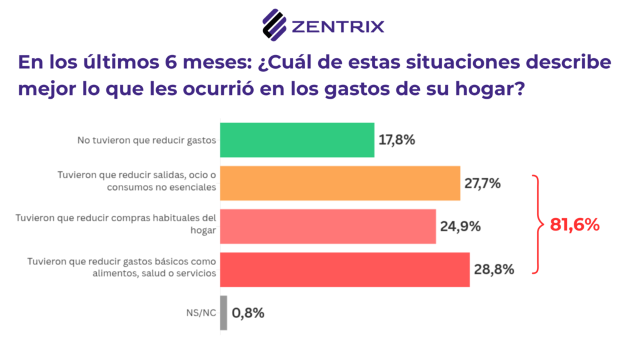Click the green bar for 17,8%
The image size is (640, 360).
pyautogui.click(x=297, y=139)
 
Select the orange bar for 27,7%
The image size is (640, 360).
pyautogui.click(x=341, y=183)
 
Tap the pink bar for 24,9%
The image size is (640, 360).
pyautogui.click(x=328, y=226)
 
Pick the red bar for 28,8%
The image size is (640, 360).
pyautogui.click(x=345, y=269)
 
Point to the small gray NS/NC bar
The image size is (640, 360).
pyautogui.click(x=224, y=312)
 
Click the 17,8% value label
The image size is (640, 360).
pyautogui.click(x=397, y=139)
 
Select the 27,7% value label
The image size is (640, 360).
pyautogui.click(x=482, y=183)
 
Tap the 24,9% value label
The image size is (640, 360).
pyautogui.click(x=460, y=226)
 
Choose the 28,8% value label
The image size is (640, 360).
pyautogui.click(x=494, y=269)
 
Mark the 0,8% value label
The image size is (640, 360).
pyautogui.click(x=248, y=312)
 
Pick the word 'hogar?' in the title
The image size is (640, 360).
pyautogui.click(x=489, y=89)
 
